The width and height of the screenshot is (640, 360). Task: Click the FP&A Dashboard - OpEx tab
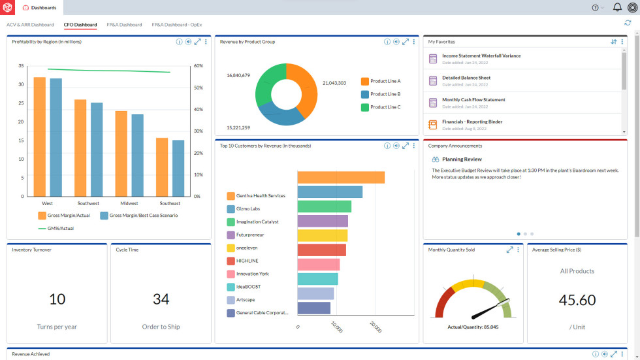click(x=177, y=25)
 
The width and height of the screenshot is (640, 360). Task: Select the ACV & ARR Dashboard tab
click(x=30, y=25)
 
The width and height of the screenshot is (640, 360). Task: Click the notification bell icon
click(x=616, y=8)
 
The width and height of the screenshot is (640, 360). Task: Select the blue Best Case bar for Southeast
click(x=178, y=168)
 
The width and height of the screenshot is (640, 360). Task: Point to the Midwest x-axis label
click(x=129, y=204)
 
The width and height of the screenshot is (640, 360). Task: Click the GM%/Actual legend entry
click(x=57, y=228)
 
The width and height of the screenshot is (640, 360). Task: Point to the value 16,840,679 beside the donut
click(x=238, y=76)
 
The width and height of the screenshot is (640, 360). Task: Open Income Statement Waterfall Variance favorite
click(x=481, y=56)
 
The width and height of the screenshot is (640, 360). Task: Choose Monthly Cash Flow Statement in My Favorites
click(x=473, y=100)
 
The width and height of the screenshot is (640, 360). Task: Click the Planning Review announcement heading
click(x=462, y=159)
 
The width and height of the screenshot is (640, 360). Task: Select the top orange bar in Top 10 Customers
click(x=341, y=178)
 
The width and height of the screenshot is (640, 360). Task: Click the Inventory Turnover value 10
click(x=57, y=299)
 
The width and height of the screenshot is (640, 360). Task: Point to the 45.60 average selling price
click(x=577, y=300)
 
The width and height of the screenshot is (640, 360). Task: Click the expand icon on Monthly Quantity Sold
click(x=509, y=250)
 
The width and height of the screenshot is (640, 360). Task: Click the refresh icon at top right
click(x=628, y=23)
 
